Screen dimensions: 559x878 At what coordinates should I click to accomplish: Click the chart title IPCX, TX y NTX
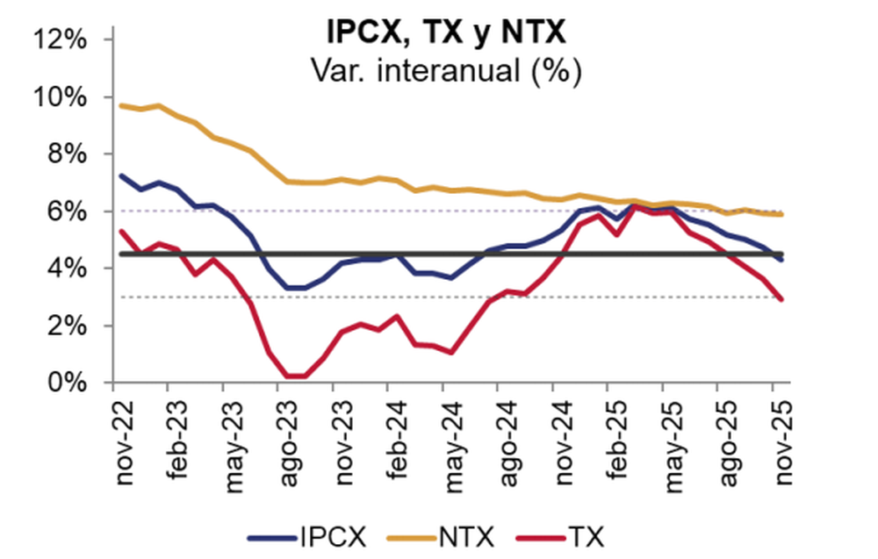click(446, 32)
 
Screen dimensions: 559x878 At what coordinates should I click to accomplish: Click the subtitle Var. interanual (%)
click(446, 69)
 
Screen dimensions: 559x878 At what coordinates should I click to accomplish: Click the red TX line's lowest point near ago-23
click(295, 376)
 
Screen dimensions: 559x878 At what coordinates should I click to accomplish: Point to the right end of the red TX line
click(782, 299)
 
